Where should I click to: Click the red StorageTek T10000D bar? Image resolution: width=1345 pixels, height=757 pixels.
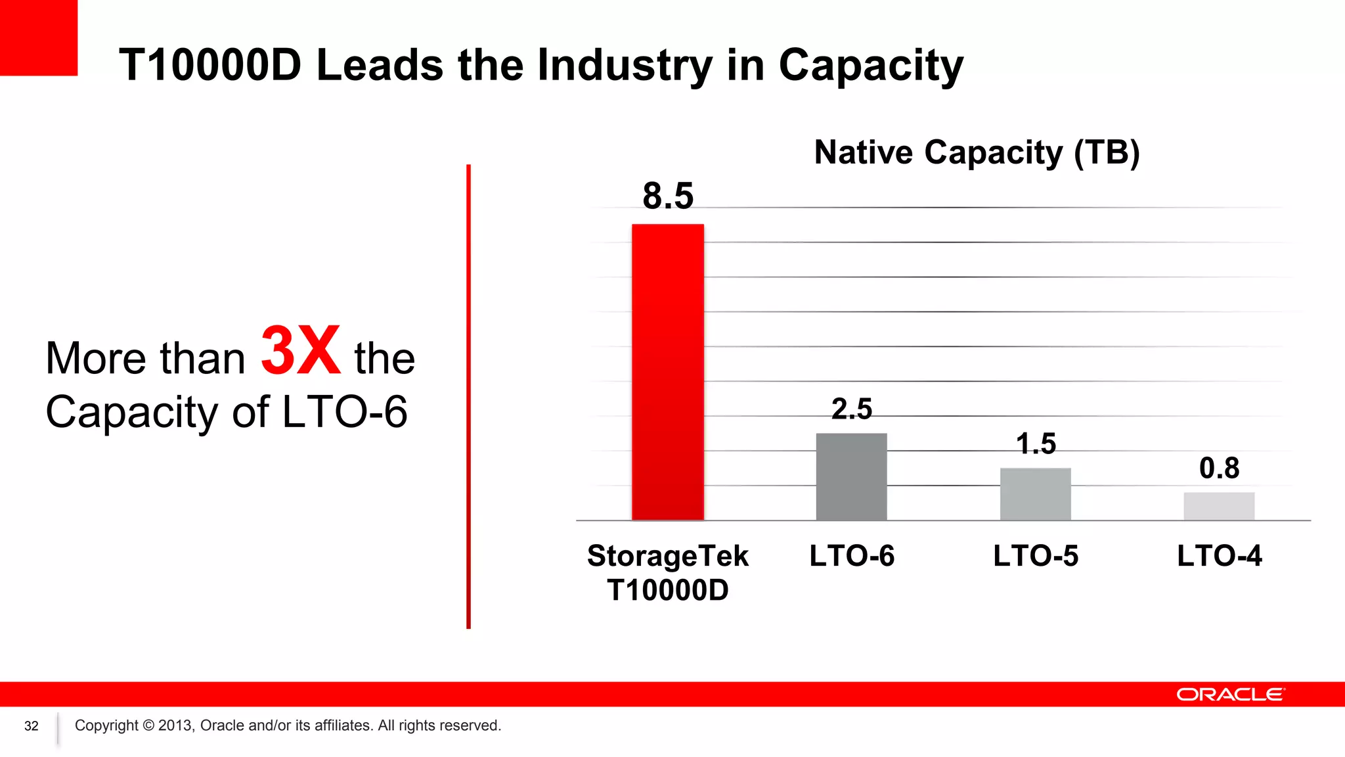(667, 372)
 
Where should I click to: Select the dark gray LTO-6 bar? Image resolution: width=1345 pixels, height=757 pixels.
(851, 476)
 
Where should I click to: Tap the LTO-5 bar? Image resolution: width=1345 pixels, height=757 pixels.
(1035, 493)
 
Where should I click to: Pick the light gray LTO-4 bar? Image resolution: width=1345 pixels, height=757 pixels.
(1219, 506)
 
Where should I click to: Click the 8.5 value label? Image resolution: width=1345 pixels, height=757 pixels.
(668, 196)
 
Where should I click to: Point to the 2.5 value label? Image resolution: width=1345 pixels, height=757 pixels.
(851, 409)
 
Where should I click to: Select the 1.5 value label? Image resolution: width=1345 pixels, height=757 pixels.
(1036, 444)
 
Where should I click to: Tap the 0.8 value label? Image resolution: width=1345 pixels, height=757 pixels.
(1219, 469)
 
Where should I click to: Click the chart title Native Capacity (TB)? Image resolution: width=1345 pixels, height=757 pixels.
(977, 152)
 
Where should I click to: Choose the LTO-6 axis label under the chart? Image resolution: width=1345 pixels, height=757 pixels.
(851, 556)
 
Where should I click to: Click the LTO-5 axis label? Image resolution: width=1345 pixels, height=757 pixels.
(1035, 556)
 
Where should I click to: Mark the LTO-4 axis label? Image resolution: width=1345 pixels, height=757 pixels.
(1219, 556)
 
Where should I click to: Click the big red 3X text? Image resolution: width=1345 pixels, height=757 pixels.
(300, 351)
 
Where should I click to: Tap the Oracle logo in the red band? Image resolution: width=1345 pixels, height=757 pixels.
(1229, 695)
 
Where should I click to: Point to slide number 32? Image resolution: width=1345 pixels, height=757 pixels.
(32, 726)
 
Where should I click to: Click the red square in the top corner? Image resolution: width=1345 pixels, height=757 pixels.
(38, 37)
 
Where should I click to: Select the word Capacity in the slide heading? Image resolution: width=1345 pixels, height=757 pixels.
(870, 66)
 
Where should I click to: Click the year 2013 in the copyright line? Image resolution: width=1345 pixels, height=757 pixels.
(175, 725)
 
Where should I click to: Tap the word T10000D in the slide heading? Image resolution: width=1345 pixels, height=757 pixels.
(210, 66)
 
